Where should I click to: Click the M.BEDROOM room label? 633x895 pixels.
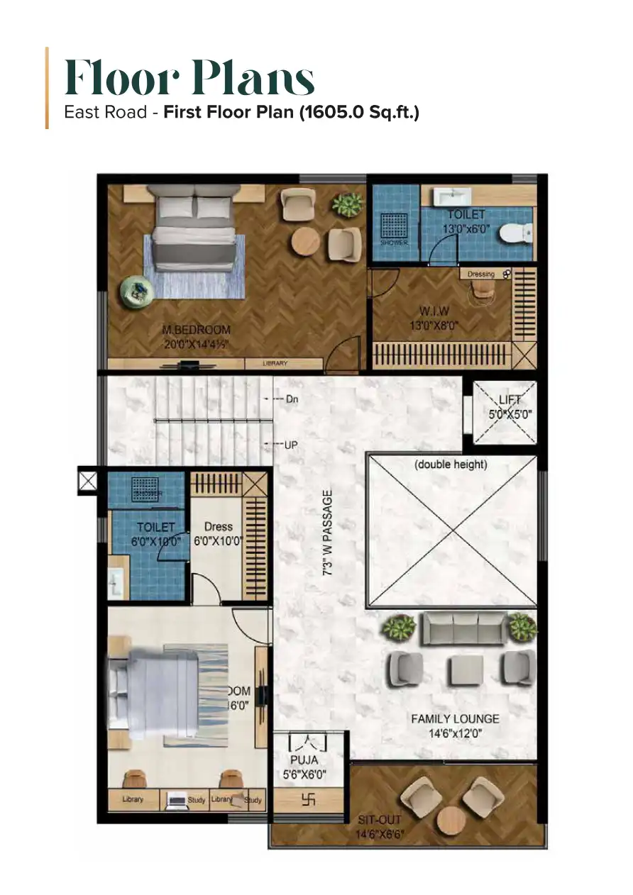click(x=196, y=330)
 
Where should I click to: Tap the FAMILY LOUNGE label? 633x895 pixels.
click(x=455, y=719)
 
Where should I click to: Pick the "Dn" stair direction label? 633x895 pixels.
click(x=292, y=399)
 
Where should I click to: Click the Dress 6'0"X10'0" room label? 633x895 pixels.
click(x=219, y=533)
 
